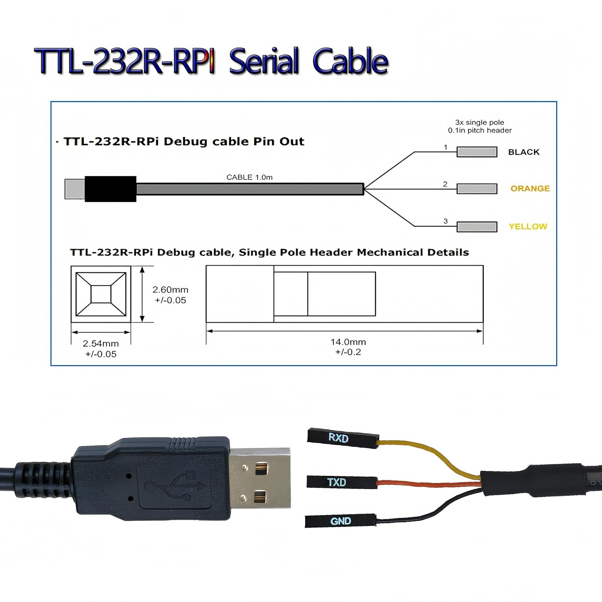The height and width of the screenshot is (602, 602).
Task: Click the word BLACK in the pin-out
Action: [524, 152]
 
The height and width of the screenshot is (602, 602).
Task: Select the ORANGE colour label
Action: [530, 189]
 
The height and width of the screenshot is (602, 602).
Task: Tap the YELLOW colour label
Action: [528, 226]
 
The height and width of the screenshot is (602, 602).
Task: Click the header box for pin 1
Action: [477, 152]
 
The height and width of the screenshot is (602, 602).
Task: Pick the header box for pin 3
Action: [477, 227]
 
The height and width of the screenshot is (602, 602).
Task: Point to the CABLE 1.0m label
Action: [249, 177]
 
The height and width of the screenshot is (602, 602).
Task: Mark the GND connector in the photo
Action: [340, 521]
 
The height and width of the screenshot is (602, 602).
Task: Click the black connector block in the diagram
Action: [110, 189]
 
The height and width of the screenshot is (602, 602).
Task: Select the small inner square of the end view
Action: [101, 294]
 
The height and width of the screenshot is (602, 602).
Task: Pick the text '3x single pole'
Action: [479, 122]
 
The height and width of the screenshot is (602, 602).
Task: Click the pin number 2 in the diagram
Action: [445, 184]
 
